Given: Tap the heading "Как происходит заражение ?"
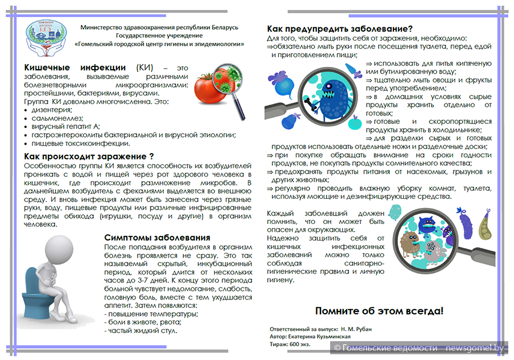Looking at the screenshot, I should pyautogui.click(x=89, y=155).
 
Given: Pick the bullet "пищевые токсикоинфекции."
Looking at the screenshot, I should pyautogui.click(x=81, y=143).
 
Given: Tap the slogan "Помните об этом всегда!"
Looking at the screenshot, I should pyautogui.click(x=379, y=311).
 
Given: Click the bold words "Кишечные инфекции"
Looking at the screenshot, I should pyautogui.click(x=75, y=67).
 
